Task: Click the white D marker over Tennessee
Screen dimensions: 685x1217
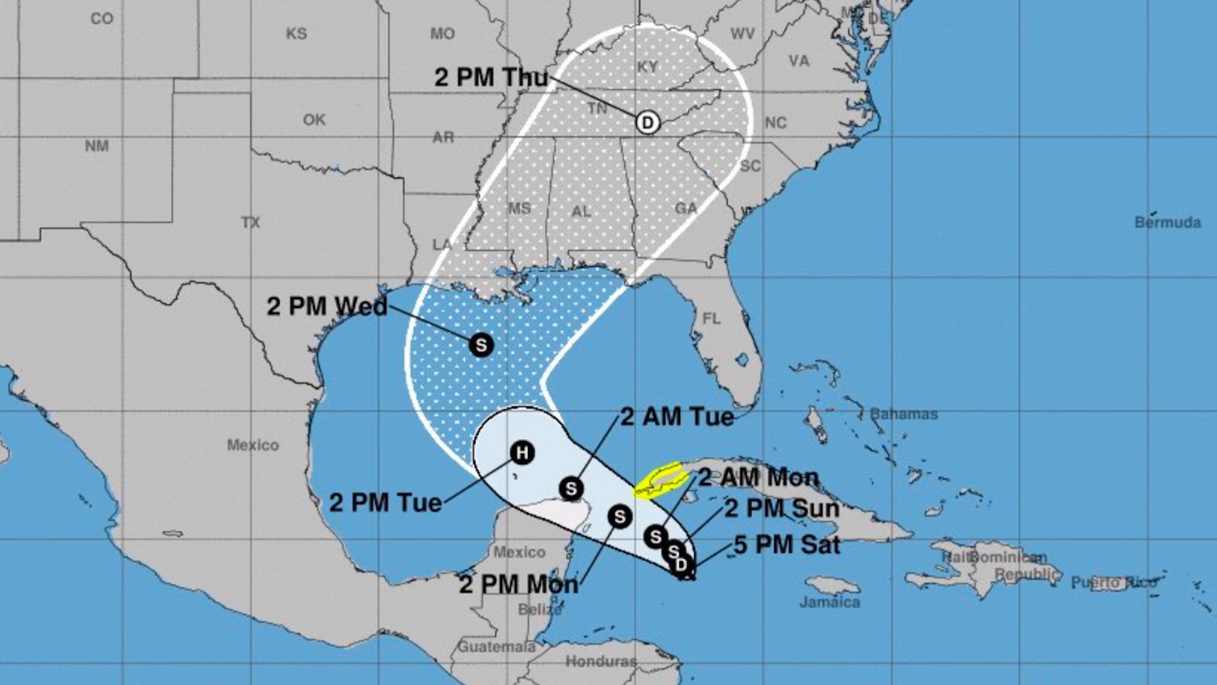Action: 647,122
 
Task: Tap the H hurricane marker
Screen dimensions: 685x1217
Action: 522,453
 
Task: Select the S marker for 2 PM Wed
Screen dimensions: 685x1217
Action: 481,345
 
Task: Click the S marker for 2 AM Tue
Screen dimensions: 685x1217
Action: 571,489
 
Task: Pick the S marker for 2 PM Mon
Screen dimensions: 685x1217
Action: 619,517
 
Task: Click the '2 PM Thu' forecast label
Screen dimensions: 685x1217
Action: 491,77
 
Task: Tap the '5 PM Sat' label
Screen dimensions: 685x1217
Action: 787,545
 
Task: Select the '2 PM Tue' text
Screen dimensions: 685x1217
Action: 385,503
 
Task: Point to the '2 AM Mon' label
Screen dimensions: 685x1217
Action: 758,477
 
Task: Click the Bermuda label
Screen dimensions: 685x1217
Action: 1168,222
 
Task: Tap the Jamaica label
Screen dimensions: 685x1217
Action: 830,601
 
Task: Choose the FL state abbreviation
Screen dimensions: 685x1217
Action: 711,318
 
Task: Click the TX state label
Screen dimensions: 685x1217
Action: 250,222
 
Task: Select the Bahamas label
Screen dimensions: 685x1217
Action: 903,414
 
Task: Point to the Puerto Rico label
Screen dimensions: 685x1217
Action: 1113,582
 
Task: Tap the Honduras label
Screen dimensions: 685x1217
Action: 600,662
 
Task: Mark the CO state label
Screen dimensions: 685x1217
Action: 101,18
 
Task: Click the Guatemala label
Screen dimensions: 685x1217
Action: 496,647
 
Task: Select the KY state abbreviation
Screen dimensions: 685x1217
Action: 647,67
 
